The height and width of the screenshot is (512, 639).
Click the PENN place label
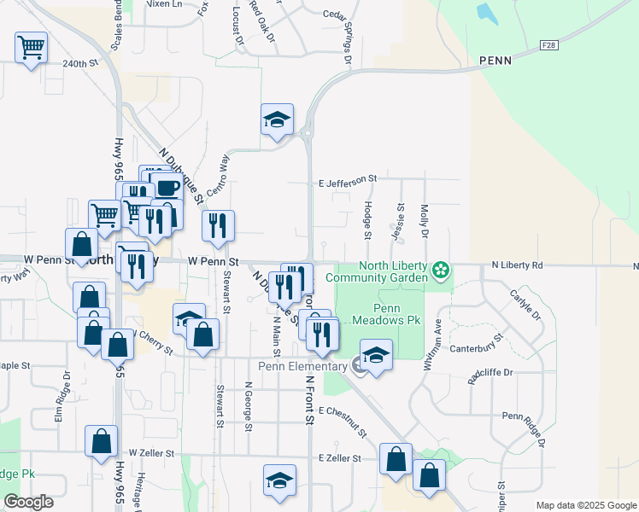tap(495, 61)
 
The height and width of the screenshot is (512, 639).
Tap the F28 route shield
tap(548, 44)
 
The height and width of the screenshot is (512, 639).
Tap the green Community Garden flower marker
tap(440, 271)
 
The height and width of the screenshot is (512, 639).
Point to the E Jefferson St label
tap(348, 180)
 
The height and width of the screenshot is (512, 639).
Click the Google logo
tap(29, 502)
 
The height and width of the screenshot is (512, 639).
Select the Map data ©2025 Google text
tap(585, 505)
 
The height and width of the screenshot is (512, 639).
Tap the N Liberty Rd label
tap(518, 265)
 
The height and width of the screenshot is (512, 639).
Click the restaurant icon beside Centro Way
tap(218, 226)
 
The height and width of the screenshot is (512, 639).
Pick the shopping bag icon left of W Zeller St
tap(101, 442)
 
